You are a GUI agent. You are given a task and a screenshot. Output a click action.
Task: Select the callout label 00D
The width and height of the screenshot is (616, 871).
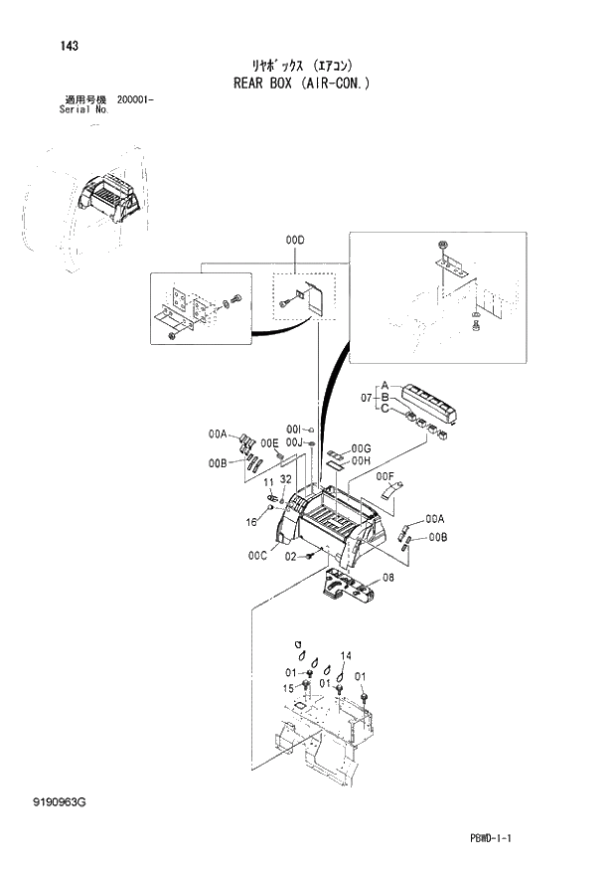pyautogui.click(x=295, y=241)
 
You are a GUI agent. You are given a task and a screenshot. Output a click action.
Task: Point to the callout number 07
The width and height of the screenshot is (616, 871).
pyautogui.click(x=367, y=400)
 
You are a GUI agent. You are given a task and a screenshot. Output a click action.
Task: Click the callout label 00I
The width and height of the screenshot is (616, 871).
pyautogui.click(x=293, y=429)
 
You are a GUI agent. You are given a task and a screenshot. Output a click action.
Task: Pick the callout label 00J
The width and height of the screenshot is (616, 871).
pyautogui.click(x=293, y=442)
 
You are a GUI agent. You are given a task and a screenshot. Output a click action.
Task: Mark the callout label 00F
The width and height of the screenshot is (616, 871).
pyautogui.click(x=385, y=476)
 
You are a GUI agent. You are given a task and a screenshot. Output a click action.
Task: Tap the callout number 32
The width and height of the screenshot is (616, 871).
pyautogui.click(x=285, y=480)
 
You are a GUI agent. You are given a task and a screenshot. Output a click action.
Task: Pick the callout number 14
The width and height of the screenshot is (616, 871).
pyautogui.click(x=346, y=655)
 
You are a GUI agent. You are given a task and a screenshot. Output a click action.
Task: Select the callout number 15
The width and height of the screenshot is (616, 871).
pyautogui.click(x=287, y=688)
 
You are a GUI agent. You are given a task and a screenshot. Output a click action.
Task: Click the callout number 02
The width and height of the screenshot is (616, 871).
pyautogui.click(x=292, y=557)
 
